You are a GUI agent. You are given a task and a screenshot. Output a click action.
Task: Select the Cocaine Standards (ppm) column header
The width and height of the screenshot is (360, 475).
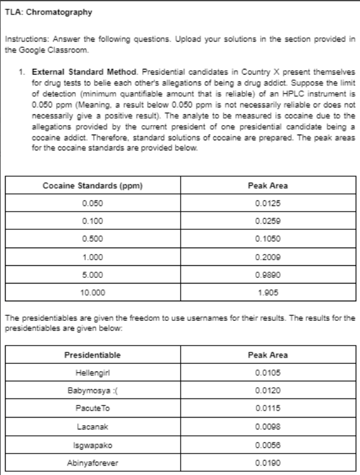(93, 186)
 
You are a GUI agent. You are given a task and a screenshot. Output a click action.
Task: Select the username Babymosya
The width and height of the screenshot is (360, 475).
(93, 390)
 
